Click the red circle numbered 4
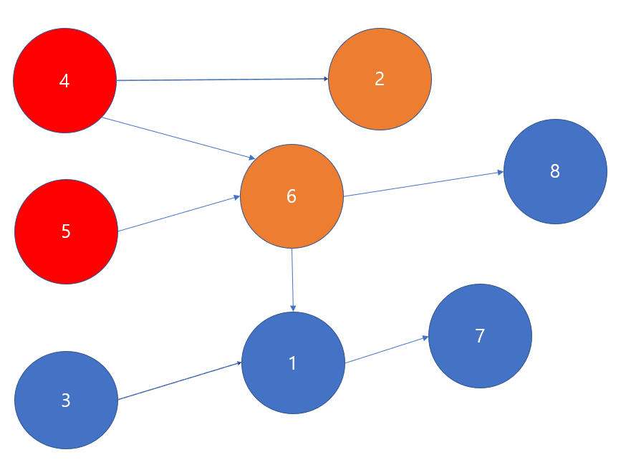point(64,81)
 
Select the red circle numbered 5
point(66,231)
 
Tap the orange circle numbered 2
point(380,79)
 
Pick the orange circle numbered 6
point(292,196)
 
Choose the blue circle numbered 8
point(555,172)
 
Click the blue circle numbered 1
point(293,363)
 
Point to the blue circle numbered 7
point(480,335)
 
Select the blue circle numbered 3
point(66,400)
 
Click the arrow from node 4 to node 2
point(222,80)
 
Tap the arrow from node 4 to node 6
point(179,138)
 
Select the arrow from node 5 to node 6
point(179,214)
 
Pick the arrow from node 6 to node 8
point(423,184)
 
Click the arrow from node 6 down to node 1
point(293,279)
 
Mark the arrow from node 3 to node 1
point(179,381)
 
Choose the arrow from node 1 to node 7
point(387,350)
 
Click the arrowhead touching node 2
point(325,79)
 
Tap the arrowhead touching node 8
point(500,173)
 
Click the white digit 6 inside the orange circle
point(292,196)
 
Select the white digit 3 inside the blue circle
point(66,401)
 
